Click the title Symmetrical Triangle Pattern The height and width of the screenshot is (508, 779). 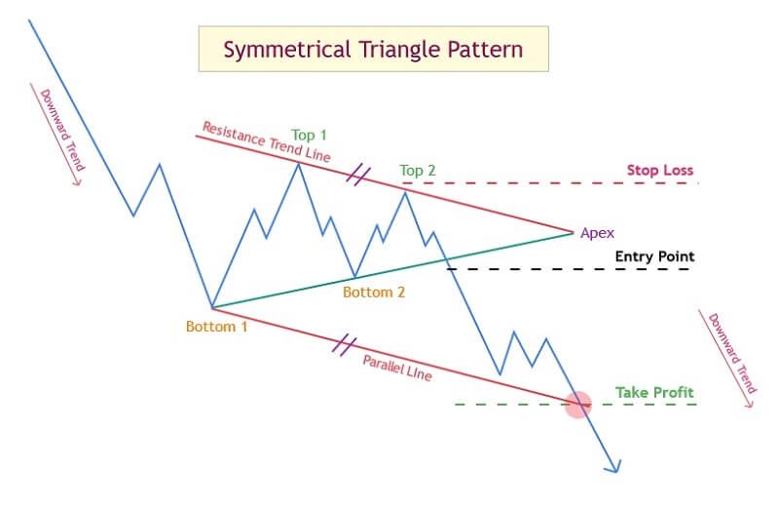[x=373, y=50]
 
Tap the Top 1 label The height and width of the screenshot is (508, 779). [x=309, y=135]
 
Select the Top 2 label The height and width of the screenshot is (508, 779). [x=418, y=171]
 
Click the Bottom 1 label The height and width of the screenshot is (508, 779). [x=216, y=327]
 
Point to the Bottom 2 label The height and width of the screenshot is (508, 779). [x=374, y=293]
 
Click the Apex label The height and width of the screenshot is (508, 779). [x=597, y=233]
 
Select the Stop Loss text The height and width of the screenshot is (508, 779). [x=660, y=171]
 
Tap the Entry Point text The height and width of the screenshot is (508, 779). [x=654, y=256]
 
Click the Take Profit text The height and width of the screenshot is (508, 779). [x=654, y=393]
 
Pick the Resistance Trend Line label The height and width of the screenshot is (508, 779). [x=266, y=142]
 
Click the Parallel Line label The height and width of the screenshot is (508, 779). [x=397, y=369]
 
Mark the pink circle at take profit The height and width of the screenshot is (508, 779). [x=578, y=404]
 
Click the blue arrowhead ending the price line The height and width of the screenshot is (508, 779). [x=614, y=466]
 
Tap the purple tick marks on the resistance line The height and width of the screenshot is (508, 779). [x=358, y=176]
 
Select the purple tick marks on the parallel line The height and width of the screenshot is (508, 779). [x=345, y=345]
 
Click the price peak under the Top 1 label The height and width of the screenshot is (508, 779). [x=298, y=164]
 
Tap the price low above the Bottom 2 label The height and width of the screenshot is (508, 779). [x=354, y=277]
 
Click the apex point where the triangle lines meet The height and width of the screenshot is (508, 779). [x=573, y=232]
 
